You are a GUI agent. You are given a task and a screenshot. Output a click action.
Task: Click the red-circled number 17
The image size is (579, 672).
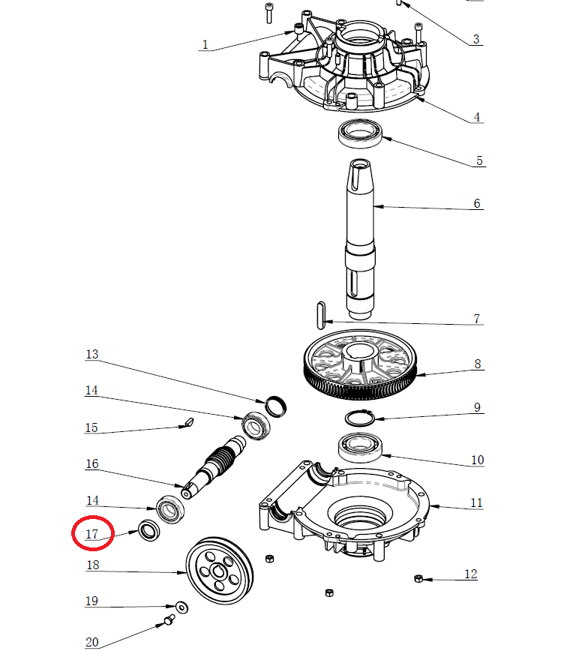click(x=92, y=534)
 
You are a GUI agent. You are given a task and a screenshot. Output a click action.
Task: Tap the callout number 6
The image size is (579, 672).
click(x=477, y=204)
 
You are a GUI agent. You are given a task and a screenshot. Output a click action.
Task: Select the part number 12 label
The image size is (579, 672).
click(x=471, y=574)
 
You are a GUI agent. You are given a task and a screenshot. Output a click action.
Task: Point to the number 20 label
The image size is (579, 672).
click(x=91, y=642)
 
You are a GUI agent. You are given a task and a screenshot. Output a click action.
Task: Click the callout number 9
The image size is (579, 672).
click(x=477, y=407)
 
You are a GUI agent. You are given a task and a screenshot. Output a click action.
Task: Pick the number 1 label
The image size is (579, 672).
click(x=205, y=45)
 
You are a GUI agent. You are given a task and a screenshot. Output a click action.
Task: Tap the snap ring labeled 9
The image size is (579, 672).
click(x=361, y=417)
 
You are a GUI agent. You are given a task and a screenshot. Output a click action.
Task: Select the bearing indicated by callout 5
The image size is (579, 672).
click(x=361, y=133)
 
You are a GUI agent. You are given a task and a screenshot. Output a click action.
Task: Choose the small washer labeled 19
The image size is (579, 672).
click(x=181, y=606)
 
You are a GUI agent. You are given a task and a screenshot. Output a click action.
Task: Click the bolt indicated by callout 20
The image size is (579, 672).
click(x=168, y=619)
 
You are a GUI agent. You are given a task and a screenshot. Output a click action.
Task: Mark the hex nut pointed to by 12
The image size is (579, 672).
click(x=419, y=578)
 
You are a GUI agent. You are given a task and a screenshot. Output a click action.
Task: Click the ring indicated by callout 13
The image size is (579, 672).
click(x=276, y=406)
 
